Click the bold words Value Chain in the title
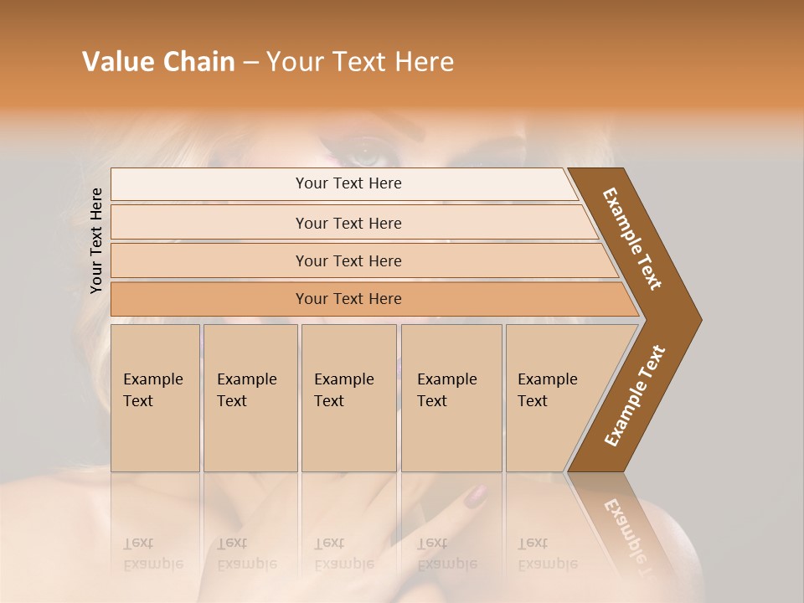(158, 62)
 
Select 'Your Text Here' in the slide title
(360, 62)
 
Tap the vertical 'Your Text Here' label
(96, 240)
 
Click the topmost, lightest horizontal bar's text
(348, 183)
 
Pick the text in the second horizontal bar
(348, 224)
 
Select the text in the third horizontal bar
(348, 261)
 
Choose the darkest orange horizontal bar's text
(348, 299)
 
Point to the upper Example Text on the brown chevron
(633, 239)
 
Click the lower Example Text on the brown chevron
(635, 396)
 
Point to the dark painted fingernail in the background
(476, 497)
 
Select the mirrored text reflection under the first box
(153, 554)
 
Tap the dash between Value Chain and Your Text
(250, 63)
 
